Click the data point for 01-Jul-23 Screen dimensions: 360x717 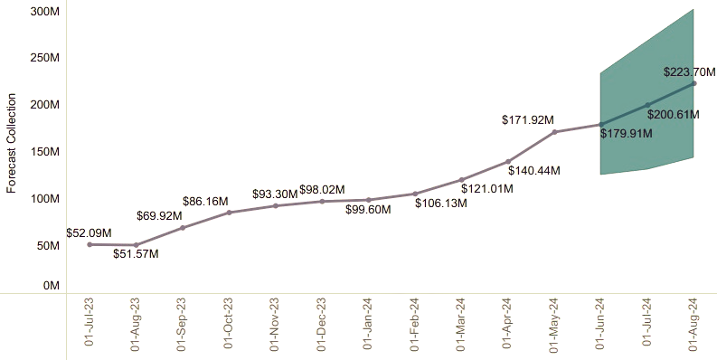[x=90, y=244]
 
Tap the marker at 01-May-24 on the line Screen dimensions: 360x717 [x=554, y=132]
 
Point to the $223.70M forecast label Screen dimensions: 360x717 [x=689, y=72]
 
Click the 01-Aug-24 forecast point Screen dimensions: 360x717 [x=693, y=83]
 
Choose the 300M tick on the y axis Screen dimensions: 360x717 [x=44, y=11]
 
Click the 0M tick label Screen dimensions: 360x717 [x=51, y=286]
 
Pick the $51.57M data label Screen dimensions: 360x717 [x=136, y=254]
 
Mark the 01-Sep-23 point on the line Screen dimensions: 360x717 [x=183, y=227]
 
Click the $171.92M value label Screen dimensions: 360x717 [x=528, y=119]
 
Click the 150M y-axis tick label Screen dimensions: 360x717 [x=44, y=151]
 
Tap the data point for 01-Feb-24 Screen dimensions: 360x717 [x=415, y=194]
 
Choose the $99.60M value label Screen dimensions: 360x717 [x=368, y=210]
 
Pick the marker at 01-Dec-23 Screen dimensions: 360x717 [x=322, y=201]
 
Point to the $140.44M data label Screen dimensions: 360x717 [x=533, y=170]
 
